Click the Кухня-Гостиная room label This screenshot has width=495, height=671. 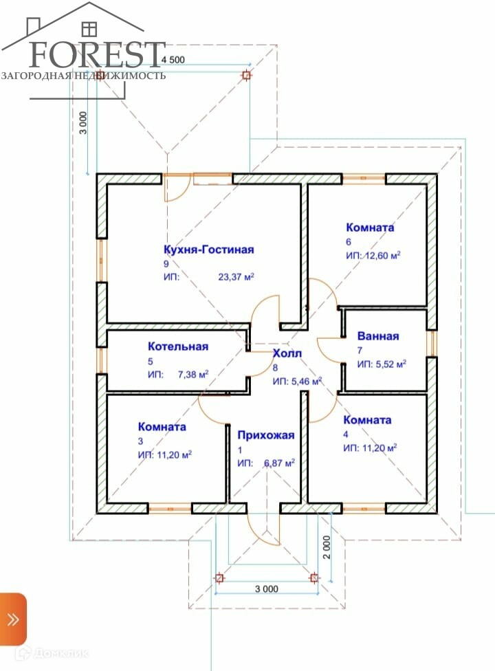click(209, 250)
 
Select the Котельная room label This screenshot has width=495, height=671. click(178, 346)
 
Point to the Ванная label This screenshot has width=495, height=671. click(378, 336)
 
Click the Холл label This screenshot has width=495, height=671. click(287, 353)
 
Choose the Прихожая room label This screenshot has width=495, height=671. click(265, 434)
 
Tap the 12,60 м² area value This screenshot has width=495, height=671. click(383, 255)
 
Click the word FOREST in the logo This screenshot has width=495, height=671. click(94, 54)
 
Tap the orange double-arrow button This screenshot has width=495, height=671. click(13, 619)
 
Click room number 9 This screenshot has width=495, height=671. click(166, 263)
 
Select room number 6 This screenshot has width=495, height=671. click(349, 241)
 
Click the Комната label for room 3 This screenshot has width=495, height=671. click(162, 426)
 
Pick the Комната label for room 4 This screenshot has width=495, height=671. click(367, 419)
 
